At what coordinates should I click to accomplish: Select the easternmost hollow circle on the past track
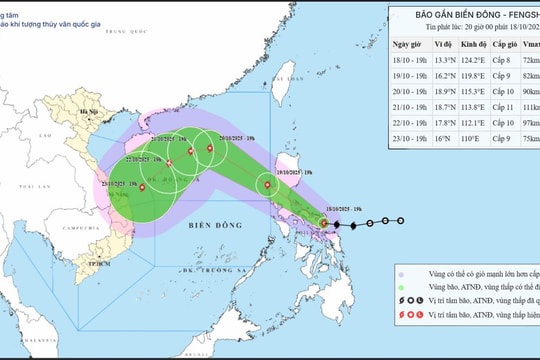tap(401, 221)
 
